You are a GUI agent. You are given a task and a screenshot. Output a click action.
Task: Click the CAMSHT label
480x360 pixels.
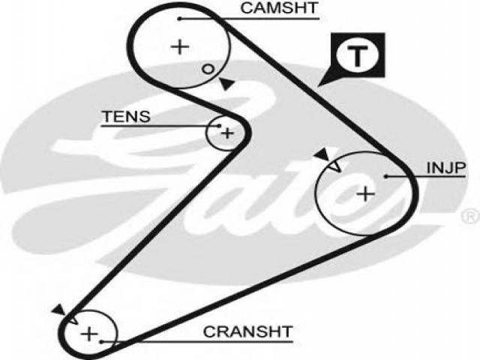tap(279, 8)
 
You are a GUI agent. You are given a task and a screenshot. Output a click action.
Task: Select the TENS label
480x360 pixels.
tap(126, 117)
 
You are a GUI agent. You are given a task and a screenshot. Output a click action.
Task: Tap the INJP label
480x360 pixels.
tap(446, 168)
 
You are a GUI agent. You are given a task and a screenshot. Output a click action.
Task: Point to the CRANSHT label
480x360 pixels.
tap(247, 331)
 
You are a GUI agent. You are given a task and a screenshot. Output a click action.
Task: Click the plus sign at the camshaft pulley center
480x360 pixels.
tap(180, 47)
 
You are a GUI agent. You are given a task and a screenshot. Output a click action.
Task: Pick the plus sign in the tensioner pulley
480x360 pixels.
tap(227, 133)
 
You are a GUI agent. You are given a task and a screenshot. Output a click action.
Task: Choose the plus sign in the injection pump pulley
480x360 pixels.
tap(366, 193)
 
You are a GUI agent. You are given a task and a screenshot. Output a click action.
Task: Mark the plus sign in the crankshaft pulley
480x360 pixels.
tap(89, 334)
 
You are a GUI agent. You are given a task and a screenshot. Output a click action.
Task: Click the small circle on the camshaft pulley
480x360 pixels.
tap(208, 69)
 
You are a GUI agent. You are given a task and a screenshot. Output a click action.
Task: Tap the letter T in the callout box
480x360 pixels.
tap(357, 55)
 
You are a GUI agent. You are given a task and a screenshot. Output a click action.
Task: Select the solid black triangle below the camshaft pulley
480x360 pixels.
tap(226, 84)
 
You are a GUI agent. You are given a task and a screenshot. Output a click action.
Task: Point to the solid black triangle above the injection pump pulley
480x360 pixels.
tap(322, 154)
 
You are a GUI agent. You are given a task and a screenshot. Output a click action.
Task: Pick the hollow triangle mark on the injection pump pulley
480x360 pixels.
tap(335, 166)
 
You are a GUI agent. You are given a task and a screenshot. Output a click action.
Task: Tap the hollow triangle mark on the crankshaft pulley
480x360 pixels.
tap(73, 319)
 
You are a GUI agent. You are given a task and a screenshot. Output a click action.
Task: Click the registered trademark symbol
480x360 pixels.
tap(471, 216)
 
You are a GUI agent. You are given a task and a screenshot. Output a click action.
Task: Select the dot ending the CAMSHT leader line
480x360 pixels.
tap(180, 19)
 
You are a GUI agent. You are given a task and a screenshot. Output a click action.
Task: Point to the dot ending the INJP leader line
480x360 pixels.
tap(386, 177)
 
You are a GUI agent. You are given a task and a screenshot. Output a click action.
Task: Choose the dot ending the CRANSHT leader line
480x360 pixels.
tap(101, 342)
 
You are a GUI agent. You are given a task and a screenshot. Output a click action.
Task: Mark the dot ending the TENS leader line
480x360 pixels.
tap(219, 125)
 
